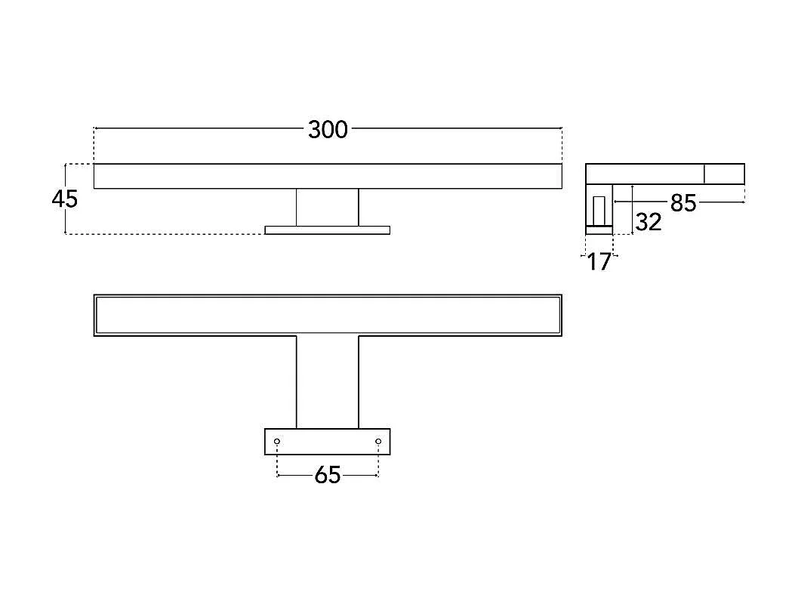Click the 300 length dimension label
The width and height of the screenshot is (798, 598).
[x=328, y=130]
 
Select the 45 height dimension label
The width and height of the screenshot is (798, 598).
[x=65, y=199]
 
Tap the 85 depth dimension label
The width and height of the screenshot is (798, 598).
[x=683, y=203]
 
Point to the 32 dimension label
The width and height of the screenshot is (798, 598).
[x=649, y=223]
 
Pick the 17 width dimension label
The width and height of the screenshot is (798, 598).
[x=599, y=262]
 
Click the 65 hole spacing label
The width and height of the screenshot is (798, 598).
[x=327, y=476]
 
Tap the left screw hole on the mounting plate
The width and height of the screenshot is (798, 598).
[x=277, y=441]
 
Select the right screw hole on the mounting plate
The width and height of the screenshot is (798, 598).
[x=378, y=441]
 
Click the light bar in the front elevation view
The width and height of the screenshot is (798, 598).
[x=328, y=176]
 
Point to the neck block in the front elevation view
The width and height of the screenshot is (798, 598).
[x=327, y=208]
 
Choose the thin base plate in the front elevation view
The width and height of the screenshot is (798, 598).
[x=327, y=230]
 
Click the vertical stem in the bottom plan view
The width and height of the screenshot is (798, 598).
[x=327, y=382]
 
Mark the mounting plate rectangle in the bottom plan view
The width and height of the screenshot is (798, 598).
[x=327, y=442]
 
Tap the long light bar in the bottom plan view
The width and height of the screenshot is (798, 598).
[x=328, y=316]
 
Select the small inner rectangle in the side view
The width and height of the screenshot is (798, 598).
[x=599, y=210]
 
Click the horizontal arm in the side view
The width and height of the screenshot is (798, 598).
[x=664, y=174]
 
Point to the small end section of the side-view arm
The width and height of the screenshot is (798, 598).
[x=725, y=174]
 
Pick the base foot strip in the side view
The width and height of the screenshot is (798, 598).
[x=599, y=230]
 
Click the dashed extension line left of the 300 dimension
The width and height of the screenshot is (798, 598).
[x=94, y=146]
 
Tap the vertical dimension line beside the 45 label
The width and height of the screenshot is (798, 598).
[x=66, y=199]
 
